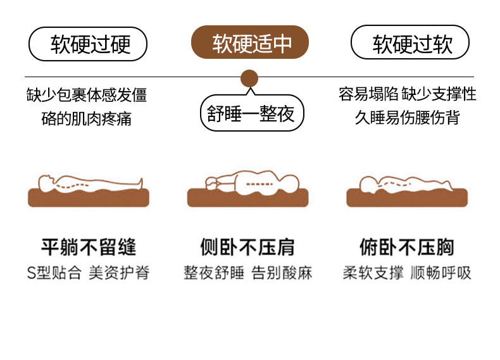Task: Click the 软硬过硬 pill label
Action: [x=88, y=44]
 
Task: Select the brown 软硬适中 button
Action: [x=250, y=43]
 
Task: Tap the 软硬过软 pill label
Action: [x=410, y=44]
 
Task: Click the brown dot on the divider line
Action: [x=249, y=78]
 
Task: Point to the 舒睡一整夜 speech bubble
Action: [x=251, y=114]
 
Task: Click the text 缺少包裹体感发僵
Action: [x=87, y=96]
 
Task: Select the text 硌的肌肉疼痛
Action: [x=87, y=118]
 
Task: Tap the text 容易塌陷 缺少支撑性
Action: [x=408, y=95]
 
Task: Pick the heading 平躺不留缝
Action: [x=88, y=246]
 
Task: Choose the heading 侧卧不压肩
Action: [x=247, y=246]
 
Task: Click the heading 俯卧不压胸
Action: [x=407, y=246]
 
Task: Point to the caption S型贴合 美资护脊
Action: [x=88, y=273]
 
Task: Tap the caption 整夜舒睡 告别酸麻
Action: [x=247, y=273]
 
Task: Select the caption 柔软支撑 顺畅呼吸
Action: [x=407, y=273]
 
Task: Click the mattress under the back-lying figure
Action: [x=88, y=198]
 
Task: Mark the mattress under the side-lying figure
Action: [x=247, y=198]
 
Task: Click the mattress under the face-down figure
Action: [x=407, y=198]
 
